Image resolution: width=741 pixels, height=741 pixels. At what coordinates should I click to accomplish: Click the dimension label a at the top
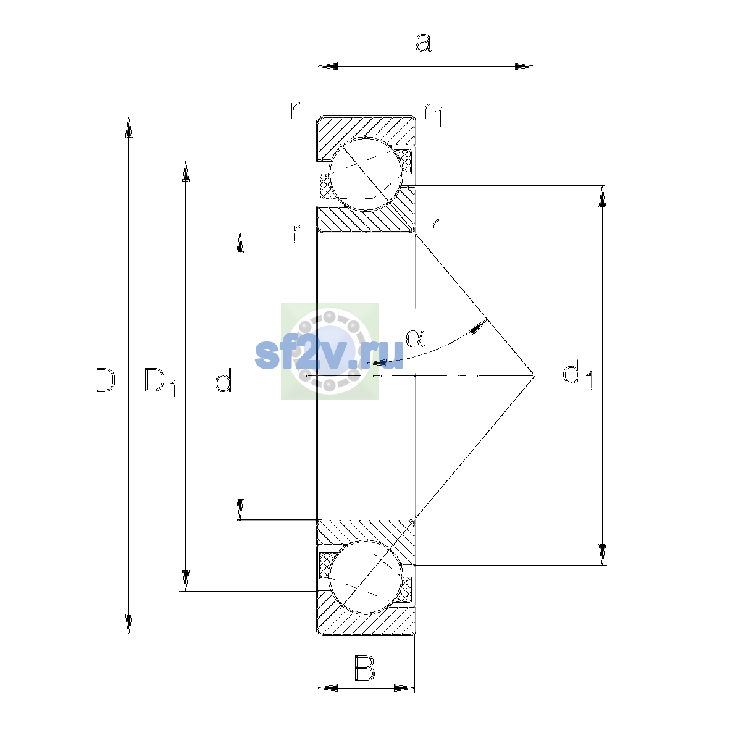(424, 43)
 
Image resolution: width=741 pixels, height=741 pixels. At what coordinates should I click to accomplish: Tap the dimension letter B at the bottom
(364, 669)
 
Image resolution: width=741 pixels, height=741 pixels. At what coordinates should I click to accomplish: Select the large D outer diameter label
(105, 380)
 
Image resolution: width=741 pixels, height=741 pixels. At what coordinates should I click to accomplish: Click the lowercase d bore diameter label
(224, 380)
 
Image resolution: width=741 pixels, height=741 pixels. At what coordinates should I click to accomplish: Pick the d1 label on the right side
(577, 375)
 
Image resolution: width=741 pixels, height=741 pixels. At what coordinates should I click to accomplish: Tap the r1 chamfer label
(433, 114)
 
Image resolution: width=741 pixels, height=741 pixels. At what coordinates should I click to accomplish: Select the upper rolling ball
(366, 174)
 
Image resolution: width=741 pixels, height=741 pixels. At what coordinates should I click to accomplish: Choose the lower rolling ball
(366, 577)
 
